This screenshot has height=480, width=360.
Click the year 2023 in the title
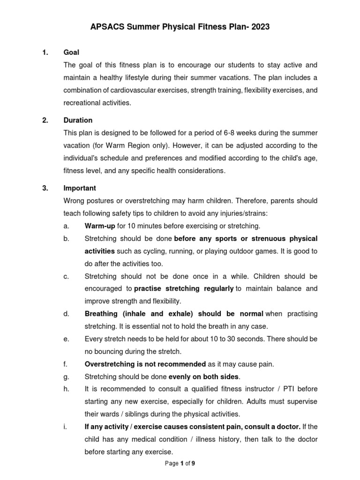point(260,28)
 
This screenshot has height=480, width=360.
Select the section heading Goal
point(71,52)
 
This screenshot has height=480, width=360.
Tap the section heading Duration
point(78,120)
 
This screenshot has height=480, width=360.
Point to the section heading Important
point(80,188)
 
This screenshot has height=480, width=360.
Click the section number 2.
point(45,120)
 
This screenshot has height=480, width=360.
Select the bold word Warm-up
point(100,226)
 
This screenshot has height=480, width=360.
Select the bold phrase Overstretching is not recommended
point(145,364)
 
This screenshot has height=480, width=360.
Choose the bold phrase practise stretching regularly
point(184,288)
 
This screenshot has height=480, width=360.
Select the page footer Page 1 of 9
point(180,464)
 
